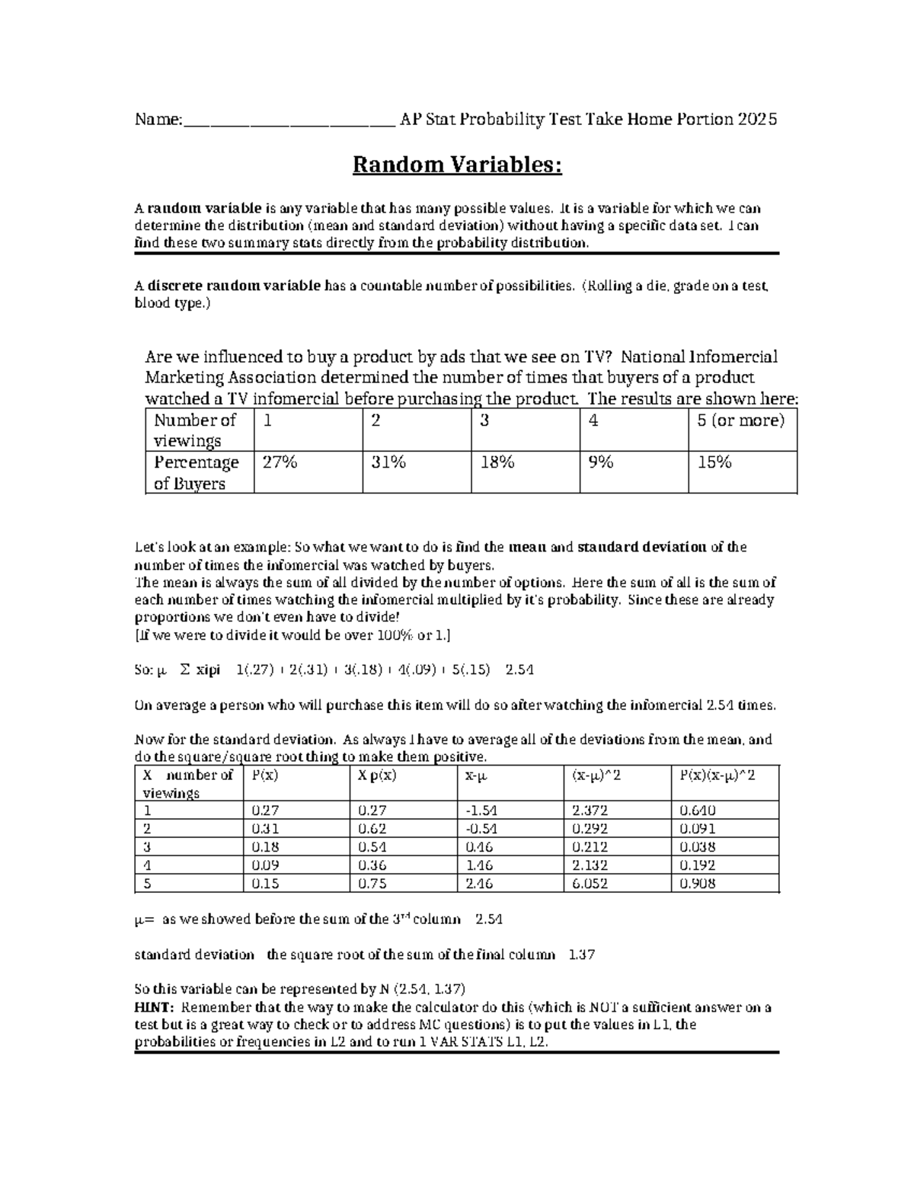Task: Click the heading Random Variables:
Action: point(456,165)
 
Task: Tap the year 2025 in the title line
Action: point(757,120)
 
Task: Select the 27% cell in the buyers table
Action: point(280,462)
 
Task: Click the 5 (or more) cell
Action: point(740,420)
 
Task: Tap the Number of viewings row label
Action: point(195,430)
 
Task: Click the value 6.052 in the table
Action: point(590,884)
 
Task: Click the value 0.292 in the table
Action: point(590,829)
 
